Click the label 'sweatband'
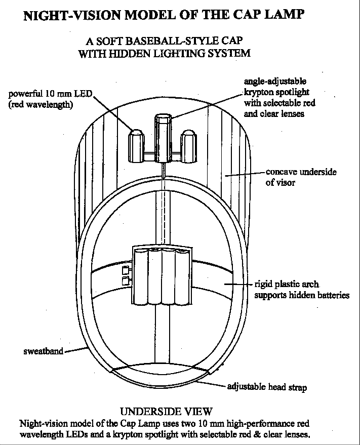click(43, 351)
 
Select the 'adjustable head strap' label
click(267, 387)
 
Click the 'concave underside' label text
click(301, 172)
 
